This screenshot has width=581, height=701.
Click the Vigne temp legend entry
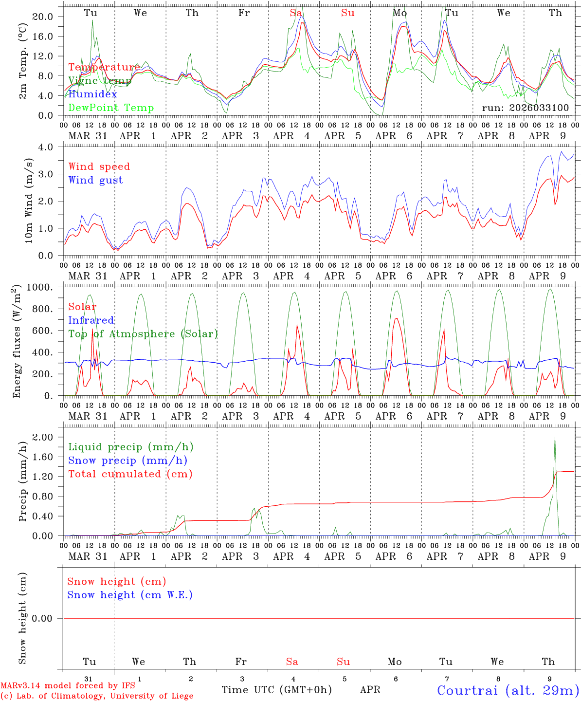[x=100, y=81]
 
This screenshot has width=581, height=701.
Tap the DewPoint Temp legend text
[x=111, y=108]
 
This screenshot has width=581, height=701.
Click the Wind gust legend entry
[x=95, y=180]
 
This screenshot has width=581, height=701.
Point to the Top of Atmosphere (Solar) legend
[x=143, y=334]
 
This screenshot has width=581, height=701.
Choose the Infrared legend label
[x=91, y=320]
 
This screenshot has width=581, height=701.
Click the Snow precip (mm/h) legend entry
[x=127, y=461]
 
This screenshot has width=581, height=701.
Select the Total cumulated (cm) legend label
[x=130, y=474]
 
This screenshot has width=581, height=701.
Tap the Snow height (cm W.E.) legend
[x=129, y=595]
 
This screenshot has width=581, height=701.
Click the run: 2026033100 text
[x=525, y=108]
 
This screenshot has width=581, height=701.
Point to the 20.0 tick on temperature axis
[x=42, y=17]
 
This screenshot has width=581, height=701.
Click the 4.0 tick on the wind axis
[x=47, y=147]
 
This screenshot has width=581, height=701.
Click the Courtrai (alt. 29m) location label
[x=508, y=690]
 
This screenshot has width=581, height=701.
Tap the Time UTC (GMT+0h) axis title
[x=276, y=690]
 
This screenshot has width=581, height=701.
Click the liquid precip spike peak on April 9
[x=555, y=438]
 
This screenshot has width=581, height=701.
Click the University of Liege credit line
[x=97, y=696]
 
